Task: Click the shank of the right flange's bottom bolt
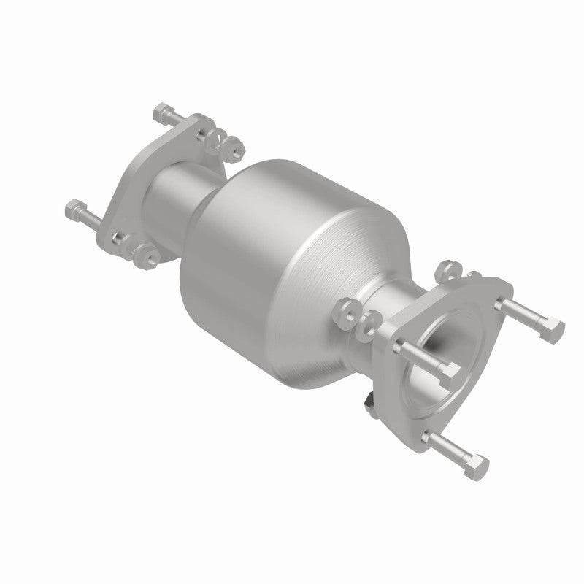449,447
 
